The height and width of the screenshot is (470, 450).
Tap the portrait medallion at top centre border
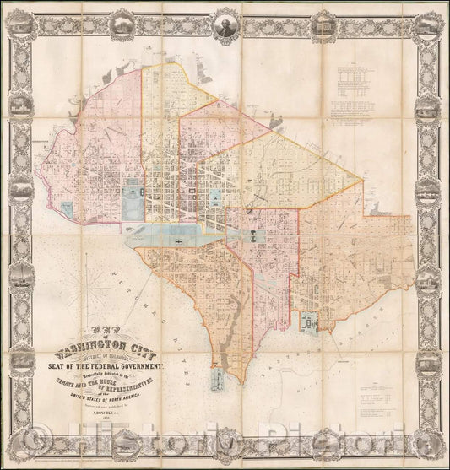[x=225, y=22]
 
